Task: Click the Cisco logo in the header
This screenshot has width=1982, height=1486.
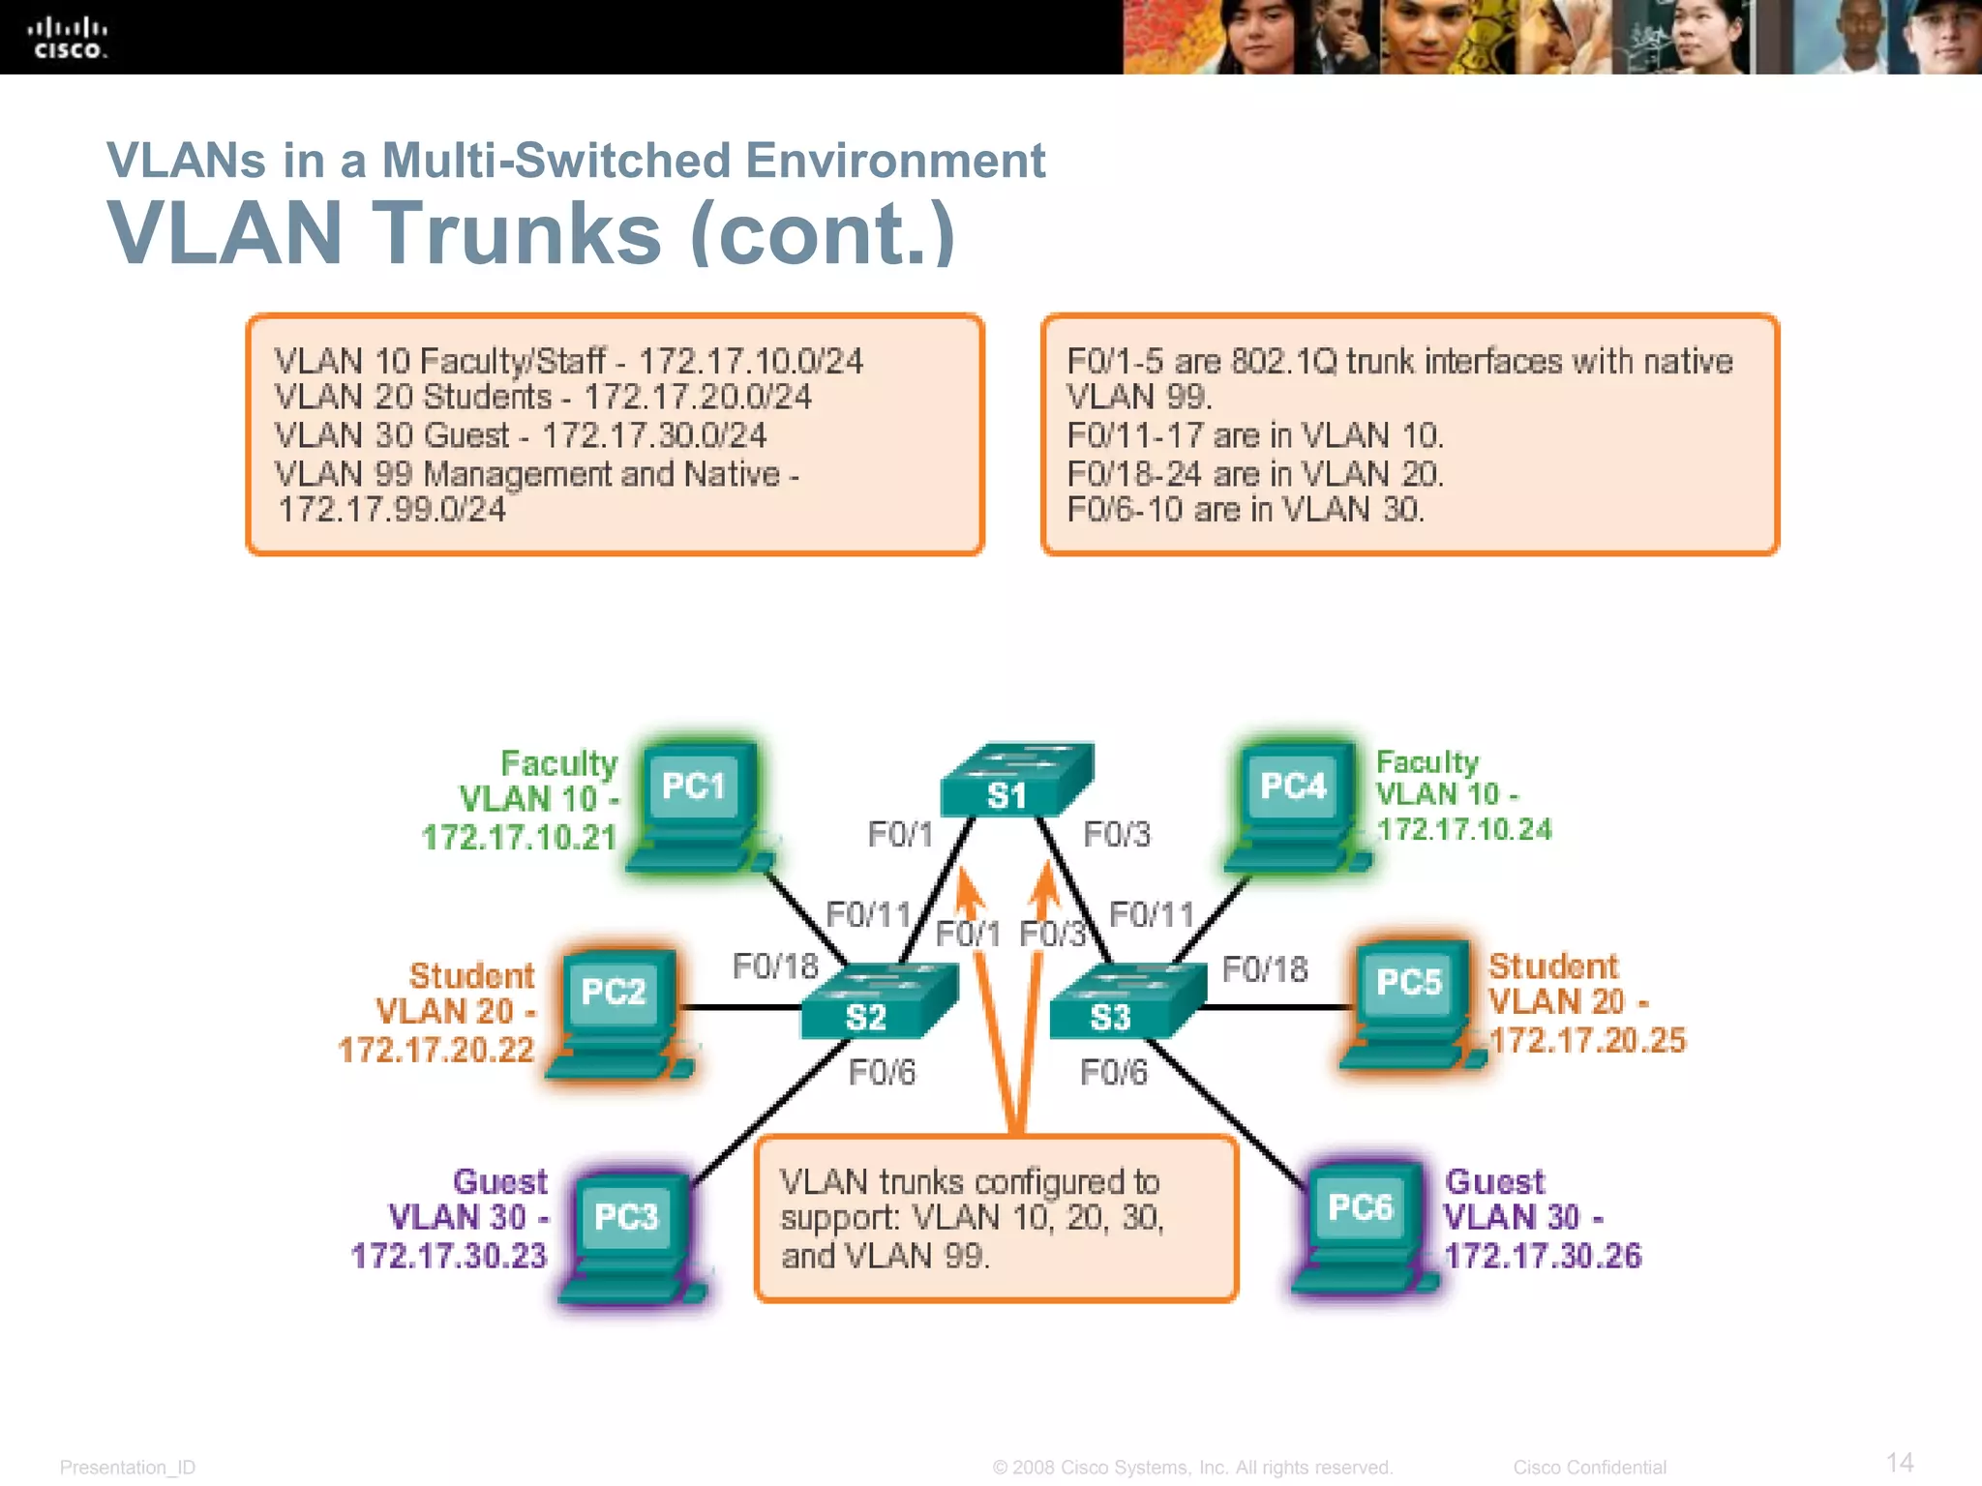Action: [x=67, y=39]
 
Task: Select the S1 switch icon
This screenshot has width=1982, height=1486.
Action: [x=1015, y=780]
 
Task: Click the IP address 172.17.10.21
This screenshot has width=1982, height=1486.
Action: [x=519, y=838]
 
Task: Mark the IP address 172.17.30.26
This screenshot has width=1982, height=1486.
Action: [x=1543, y=1256]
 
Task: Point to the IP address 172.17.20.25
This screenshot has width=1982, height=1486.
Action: [x=1587, y=1041]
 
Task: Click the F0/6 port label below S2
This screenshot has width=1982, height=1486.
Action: [x=882, y=1073]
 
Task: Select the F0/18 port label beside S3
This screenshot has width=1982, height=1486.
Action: [x=1265, y=969]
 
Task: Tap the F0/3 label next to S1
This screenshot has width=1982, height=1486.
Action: [x=1117, y=835]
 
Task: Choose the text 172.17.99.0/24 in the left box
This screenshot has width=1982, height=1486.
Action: [x=392, y=510]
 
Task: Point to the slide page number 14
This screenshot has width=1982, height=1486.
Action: [x=1899, y=1462]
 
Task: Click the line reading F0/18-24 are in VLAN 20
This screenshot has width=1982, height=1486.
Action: [x=1255, y=474]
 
